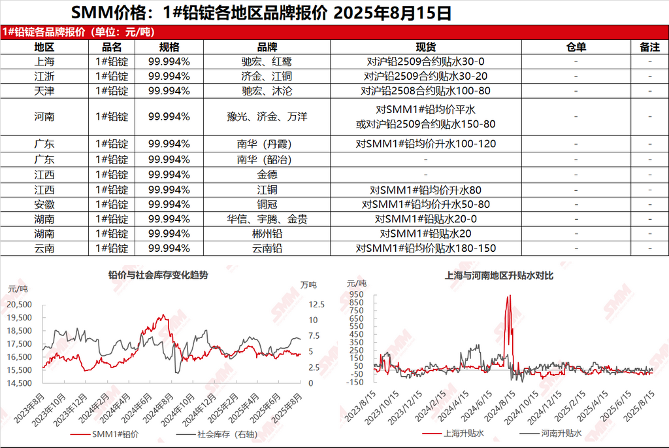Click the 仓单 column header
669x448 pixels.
(x=576, y=47)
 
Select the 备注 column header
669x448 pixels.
(x=650, y=47)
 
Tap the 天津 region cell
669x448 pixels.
(x=44, y=90)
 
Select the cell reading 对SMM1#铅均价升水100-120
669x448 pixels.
(x=426, y=144)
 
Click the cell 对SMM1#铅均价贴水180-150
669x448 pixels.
(x=426, y=248)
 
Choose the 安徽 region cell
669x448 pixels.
(x=44, y=204)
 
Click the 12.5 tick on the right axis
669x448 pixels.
(x=316, y=304)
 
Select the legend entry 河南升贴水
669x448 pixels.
(x=555, y=434)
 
